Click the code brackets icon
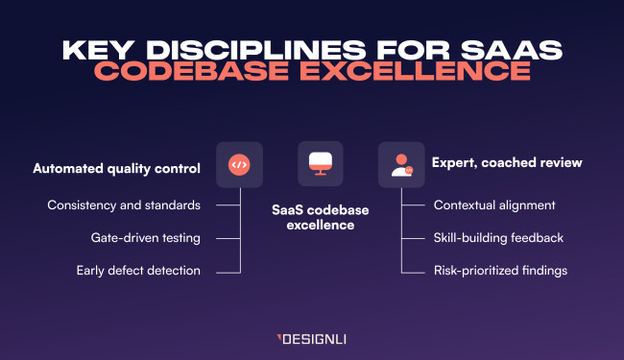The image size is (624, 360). (x=239, y=165)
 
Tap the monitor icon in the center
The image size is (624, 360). (x=319, y=165)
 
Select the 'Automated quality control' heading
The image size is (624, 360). (x=116, y=167)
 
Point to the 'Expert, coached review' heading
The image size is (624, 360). (x=507, y=163)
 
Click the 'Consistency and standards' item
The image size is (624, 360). (x=124, y=204)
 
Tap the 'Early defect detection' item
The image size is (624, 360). (x=138, y=270)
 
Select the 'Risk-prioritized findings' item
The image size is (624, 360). (x=500, y=270)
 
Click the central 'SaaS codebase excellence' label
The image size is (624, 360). (x=318, y=216)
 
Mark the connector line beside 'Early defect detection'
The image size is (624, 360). (x=227, y=270)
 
